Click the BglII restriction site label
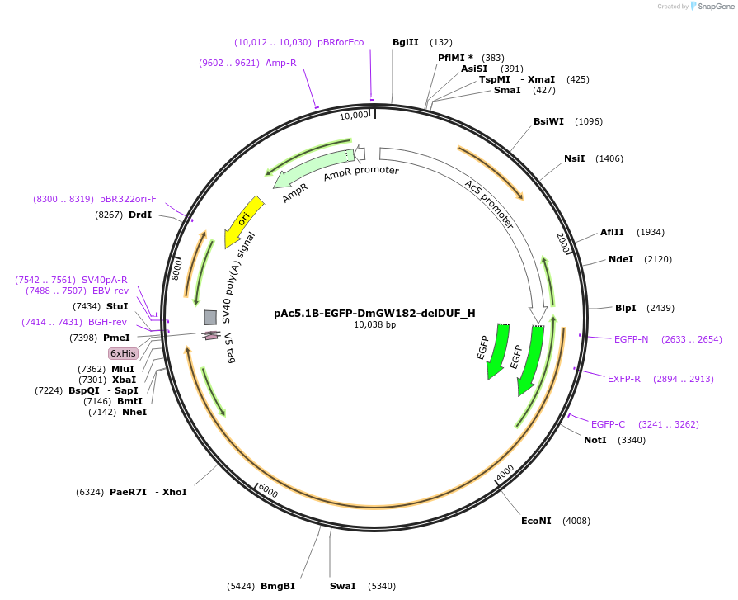coord(405,42)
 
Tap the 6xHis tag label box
coord(124,353)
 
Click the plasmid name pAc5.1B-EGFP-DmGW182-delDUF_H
coord(374,313)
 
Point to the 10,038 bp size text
coord(374,325)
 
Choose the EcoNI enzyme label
coord(536,521)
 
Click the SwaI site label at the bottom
coord(342,586)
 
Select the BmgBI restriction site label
coord(277,586)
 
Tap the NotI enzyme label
coord(595,440)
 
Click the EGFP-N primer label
coord(631,339)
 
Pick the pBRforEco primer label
coord(341,42)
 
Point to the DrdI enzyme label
coord(140,215)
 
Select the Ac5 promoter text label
coord(489,205)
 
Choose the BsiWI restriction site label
coord(548,121)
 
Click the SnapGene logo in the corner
coord(706,7)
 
